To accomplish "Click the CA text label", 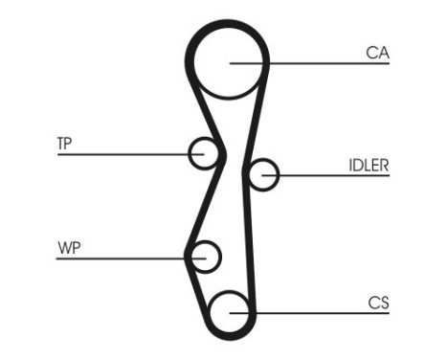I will [x=377, y=54].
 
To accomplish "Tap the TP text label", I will [x=64, y=144].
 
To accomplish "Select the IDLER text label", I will [x=368, y=165].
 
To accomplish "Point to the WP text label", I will [x=67, y=248].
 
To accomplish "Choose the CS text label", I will [x=378, y=304].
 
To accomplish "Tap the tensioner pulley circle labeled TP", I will [x=203, y=152].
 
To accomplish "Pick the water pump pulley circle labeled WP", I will [x=204, y=257].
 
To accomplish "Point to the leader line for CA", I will [x=316, y=64].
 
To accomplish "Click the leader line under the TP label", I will [x=124, y=153].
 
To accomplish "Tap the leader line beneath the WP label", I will [x=124, y=257].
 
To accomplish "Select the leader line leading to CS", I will [x=316, y=313].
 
